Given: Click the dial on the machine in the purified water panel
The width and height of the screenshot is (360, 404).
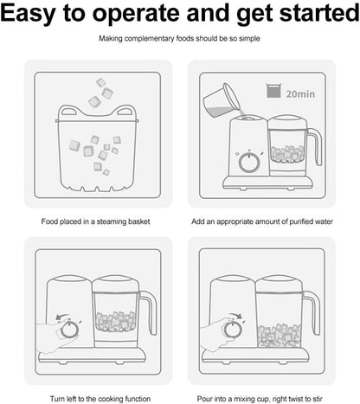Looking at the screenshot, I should [x=249, y=162].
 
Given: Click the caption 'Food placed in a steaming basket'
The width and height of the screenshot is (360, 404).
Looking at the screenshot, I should [x=95, y=221].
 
